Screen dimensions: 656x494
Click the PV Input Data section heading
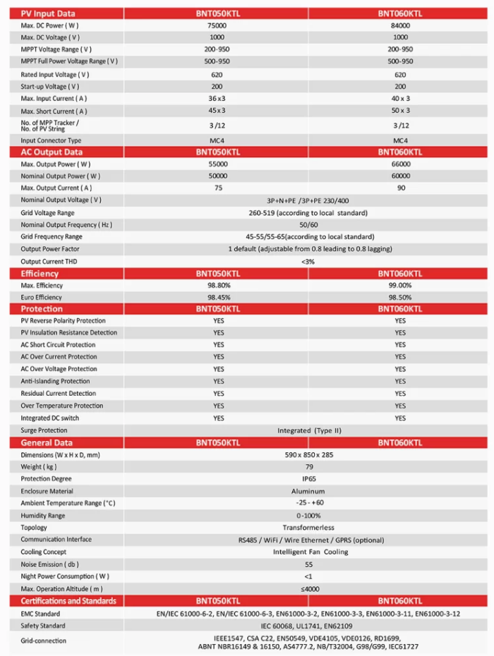(48, 13)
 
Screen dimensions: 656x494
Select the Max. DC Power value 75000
(217, 25)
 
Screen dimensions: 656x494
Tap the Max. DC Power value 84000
(400, 25)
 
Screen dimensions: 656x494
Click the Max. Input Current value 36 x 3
(217, 99)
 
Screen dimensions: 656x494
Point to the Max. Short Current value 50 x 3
(400, 111)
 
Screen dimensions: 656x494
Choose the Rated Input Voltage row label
(55, 74)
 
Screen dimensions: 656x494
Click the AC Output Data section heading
(52, 152)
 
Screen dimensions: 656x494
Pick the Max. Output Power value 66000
(400, 164)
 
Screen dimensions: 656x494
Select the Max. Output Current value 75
(217, 188)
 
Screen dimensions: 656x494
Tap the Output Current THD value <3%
(308, 261)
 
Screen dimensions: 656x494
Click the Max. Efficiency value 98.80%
(217, 286)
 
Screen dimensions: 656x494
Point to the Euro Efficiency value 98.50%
(400, 298)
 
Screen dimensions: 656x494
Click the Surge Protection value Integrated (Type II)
(308, 430)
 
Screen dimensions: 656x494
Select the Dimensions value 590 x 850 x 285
(308, 455)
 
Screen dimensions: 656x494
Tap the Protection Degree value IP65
(308, 479)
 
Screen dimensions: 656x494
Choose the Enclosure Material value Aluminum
(308, 491)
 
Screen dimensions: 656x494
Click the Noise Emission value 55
(308, 564)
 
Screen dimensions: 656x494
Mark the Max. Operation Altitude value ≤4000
(308, 588)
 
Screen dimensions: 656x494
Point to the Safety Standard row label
(44, 626)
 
